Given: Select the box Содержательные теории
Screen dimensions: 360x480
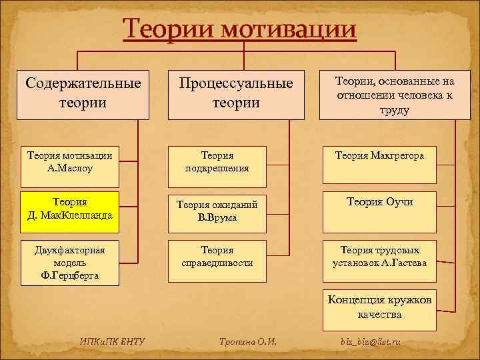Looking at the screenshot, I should [x=83, y=94].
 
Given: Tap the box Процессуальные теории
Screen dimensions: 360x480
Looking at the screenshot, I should [x=236, y=94].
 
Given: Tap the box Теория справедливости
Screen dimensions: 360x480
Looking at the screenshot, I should [x=217, y=257].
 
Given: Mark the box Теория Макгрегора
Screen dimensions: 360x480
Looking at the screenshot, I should [x=379, y=164].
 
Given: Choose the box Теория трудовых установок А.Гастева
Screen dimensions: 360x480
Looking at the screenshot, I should [x=379, y=257].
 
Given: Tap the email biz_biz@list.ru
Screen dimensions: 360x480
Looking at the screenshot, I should [x=371, y=343].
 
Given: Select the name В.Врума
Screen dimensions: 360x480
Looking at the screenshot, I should [x=217, y=218].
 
